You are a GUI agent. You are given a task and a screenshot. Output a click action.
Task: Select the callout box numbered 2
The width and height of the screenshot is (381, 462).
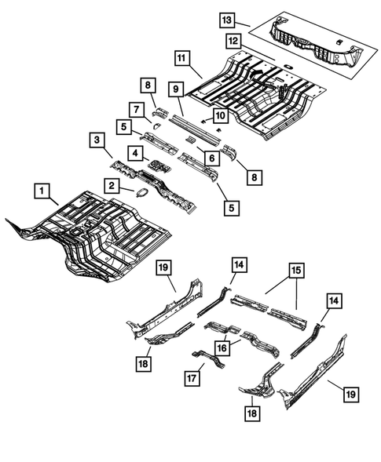coord(112,185)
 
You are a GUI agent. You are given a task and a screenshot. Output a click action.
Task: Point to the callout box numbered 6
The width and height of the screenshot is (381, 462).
coord(210,158)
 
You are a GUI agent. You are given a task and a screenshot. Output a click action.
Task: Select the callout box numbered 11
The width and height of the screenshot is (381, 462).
coord(180,57)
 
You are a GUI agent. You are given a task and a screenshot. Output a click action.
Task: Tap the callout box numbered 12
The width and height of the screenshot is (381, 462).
coord(233,40)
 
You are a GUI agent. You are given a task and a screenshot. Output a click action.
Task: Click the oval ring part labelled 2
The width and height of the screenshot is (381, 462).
coord(144,193)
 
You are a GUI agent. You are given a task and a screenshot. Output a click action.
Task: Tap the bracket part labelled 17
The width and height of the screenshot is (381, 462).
coord(208,362)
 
